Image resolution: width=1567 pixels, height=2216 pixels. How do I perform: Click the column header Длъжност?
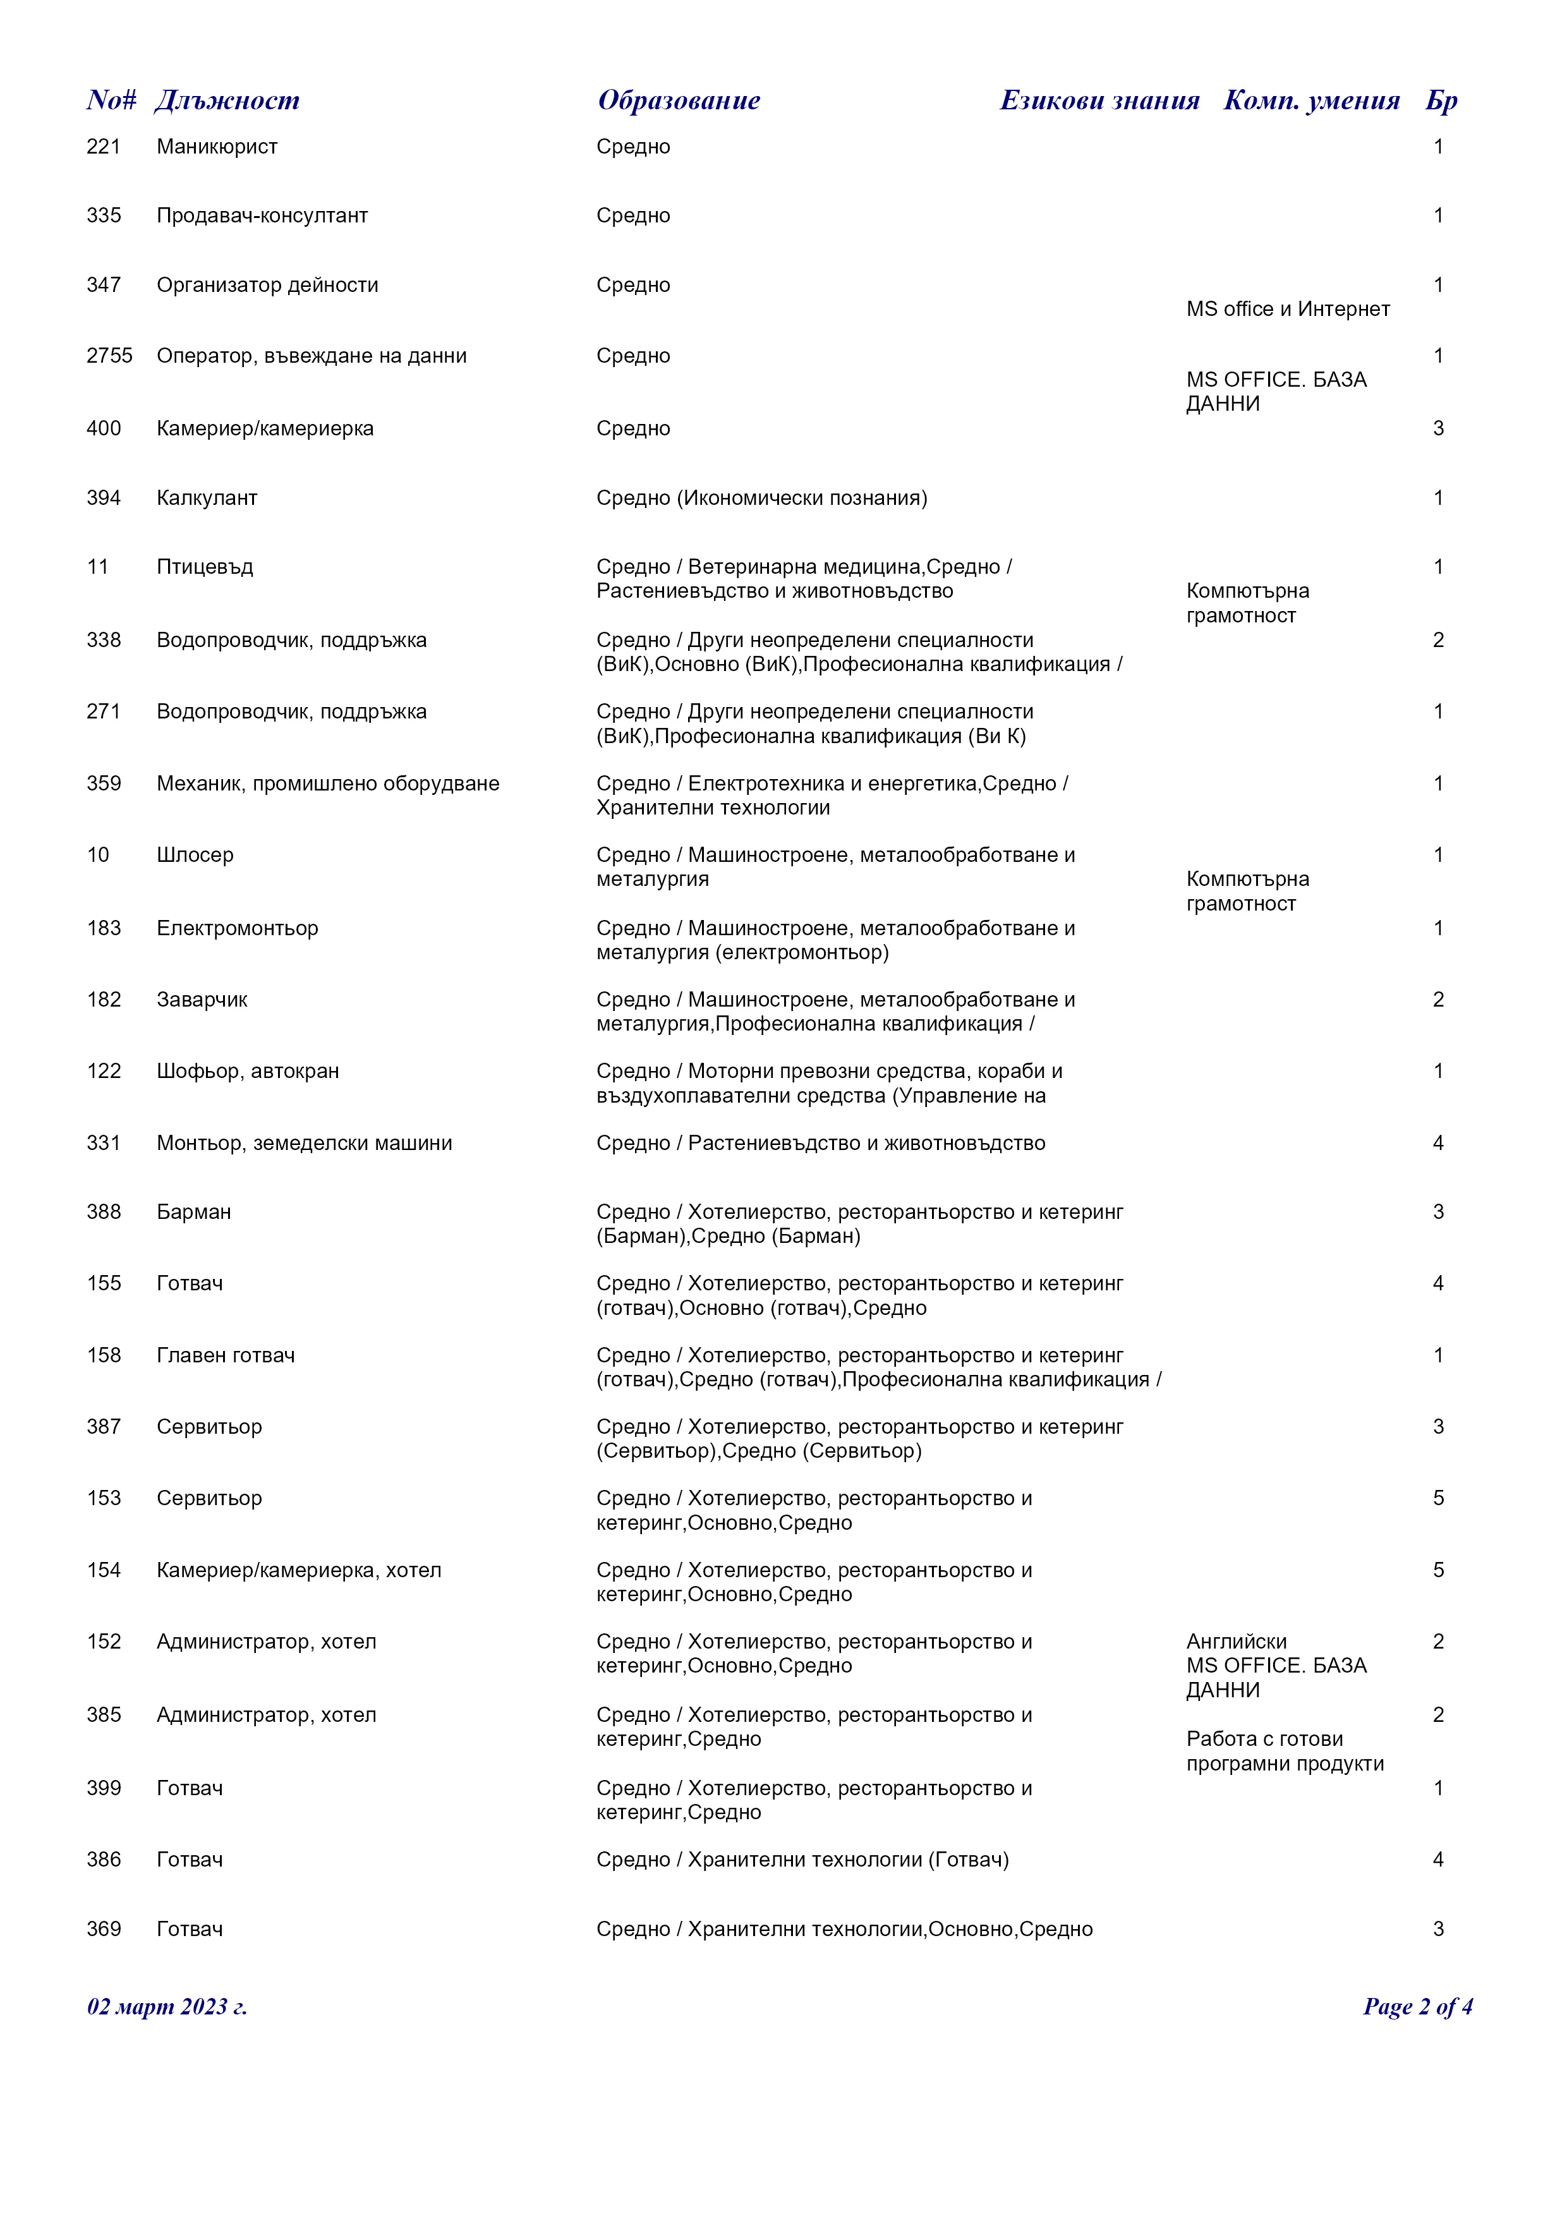tap(227, 100)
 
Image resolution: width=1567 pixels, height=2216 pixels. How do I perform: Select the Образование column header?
tap(679, 100)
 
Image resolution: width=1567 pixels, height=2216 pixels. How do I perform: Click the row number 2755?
tap(109, 356)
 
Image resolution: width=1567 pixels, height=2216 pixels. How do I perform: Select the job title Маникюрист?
tap(217, 147)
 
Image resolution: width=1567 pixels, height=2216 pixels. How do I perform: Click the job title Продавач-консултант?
tap(262, 216)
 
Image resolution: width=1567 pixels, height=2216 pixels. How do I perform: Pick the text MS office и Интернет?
tap(1288, 310)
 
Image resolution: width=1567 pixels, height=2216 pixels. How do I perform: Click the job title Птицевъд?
tap(205, 567)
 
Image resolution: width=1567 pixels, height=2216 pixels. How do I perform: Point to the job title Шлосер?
tap(195, 855)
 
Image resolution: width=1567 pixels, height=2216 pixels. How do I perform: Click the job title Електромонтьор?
tap(238, 928)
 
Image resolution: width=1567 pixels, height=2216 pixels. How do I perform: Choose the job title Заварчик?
tap(202, 1000)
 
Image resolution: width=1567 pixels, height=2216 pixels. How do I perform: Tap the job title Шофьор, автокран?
tap(248, 1071)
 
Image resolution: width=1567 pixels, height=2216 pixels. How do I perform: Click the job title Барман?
tap(194, 1212)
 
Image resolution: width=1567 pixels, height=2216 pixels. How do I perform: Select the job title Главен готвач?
tap(226, 1356)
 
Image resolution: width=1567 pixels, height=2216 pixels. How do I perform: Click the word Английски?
tap(1236, 1642)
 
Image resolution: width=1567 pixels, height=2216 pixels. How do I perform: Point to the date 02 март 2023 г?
tap(167, 2007)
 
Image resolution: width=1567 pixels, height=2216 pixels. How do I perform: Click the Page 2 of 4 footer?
tap(1417, 2007)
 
